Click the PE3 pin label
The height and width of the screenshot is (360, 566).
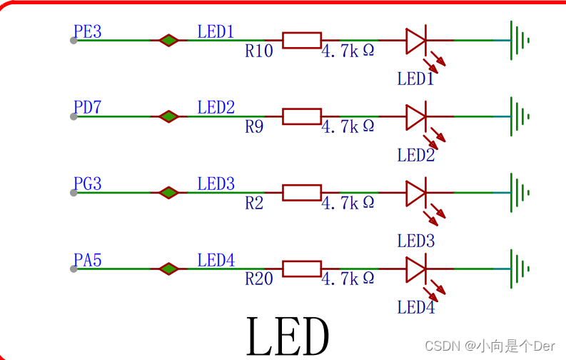(88, 31)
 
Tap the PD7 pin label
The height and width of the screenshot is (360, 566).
(88, 108)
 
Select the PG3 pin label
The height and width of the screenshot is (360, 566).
(88, 184)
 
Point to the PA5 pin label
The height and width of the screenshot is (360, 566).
(88, 261)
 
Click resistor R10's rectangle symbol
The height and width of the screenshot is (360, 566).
(302, 40)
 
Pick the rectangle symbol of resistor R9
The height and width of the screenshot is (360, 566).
(302, 116)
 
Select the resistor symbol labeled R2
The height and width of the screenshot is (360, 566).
(302, 192)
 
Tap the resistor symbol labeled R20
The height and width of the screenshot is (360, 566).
(302, 269)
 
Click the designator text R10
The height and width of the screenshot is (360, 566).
(258, 51)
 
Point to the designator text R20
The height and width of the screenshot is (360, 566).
(258, 279)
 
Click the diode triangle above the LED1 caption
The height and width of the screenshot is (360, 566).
(416, 41)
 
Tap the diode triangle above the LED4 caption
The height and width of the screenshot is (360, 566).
(416, 269)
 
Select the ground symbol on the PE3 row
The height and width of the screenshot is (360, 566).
(519, 40)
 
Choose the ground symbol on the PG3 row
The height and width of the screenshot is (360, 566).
(519, 193)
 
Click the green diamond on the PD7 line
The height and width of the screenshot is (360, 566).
(168, 116)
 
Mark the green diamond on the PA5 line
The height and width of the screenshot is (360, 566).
(168, 269)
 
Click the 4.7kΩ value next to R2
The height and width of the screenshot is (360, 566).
(348, 203)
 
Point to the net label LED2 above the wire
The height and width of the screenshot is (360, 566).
(216, 108)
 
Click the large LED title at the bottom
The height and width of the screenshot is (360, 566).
(288, 336)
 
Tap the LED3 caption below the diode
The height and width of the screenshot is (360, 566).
(416, 241)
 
